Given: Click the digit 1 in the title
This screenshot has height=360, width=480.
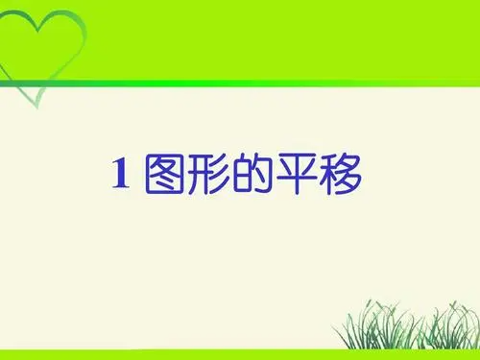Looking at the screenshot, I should [x=121, y=174].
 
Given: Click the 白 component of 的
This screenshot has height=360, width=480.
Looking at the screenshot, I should [x=240, y=176].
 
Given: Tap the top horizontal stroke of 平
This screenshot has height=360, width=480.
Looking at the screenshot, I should [x=295, y=157].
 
